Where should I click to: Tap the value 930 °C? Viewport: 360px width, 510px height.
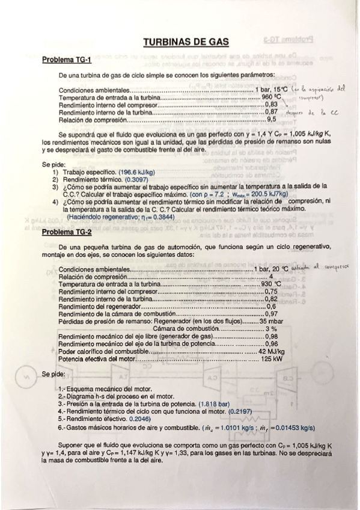[x=272, y=283]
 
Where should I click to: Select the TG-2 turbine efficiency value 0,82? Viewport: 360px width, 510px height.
[x=272, y=298]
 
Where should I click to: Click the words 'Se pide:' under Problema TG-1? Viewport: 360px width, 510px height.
[x=53, y=164]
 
